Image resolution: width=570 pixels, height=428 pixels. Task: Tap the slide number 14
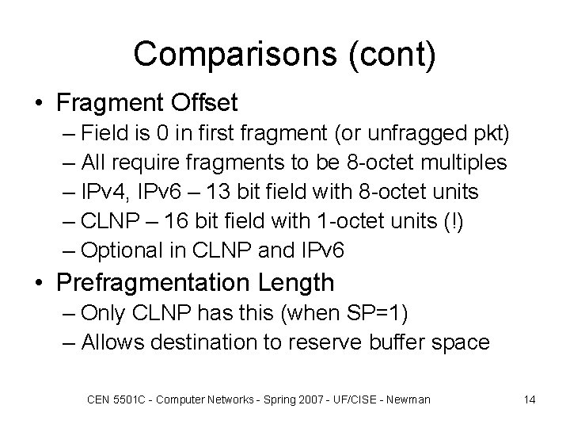(530, 399)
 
